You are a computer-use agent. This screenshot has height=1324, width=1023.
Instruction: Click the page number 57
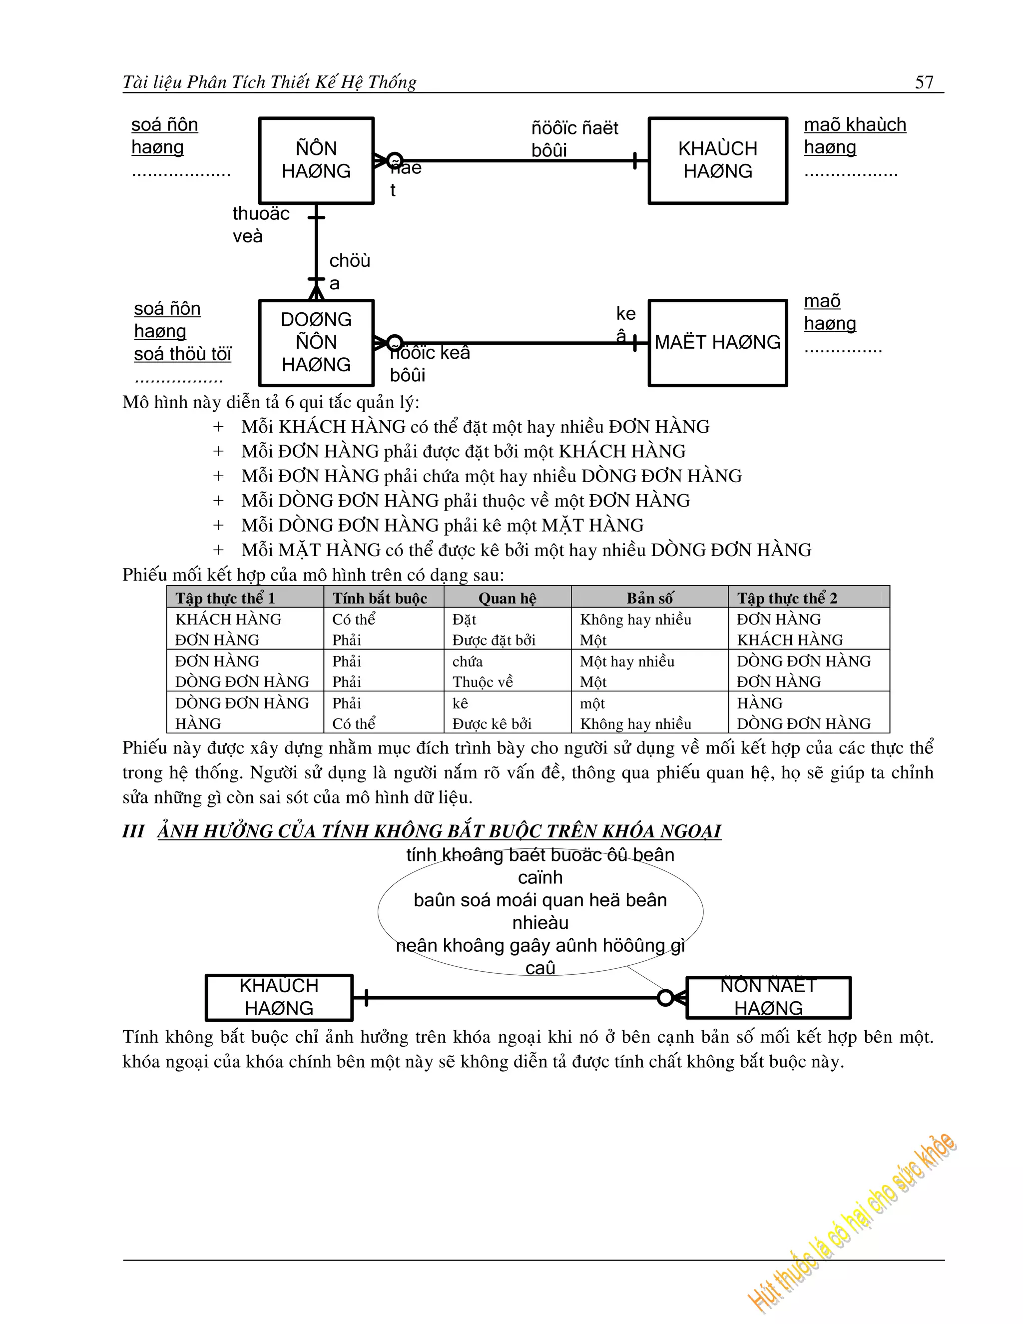pos(924,82)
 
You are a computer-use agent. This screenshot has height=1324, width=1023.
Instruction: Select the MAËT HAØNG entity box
pos(718,343)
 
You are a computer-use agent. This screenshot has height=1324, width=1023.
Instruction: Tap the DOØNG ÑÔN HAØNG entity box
pos(316,343)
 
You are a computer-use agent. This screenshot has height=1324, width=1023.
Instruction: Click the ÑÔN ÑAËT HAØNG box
pos(768,997)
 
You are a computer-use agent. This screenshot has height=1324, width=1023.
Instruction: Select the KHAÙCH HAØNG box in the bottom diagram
pos(279,997)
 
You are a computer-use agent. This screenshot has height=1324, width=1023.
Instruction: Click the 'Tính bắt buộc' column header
pos(380,599)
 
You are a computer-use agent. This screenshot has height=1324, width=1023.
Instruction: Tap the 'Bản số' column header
pos(649,599)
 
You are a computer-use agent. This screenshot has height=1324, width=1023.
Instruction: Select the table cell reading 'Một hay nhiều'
pos(627,661)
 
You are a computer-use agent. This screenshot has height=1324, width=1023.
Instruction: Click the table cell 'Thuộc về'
pos(483,682)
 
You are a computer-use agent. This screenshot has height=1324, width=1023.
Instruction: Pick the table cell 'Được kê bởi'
pos(492,724)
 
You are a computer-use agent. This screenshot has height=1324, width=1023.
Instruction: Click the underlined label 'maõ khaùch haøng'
pos(855,136)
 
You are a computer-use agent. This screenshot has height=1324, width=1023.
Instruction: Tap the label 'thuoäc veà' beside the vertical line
pos(261,224)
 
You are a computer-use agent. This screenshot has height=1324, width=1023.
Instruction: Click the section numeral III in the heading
pos(133,831)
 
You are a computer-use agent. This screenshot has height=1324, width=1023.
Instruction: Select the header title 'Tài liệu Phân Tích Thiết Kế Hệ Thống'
pos(269,82)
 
